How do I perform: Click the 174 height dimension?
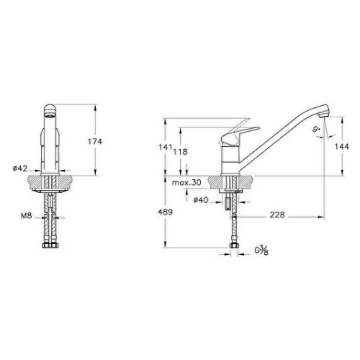click(x=95, y=142)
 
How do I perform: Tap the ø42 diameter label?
click(x=20, y=168)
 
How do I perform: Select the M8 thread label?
click(x=27, y=216)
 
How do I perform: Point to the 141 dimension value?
click(x=166, y=147)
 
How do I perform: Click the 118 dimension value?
click(x=181, y=152)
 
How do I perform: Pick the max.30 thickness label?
click(x=186, y=183)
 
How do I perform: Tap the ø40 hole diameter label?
click(x=201, y=199)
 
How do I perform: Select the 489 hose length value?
click(x=166, y=212)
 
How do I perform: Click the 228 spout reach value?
click(x=277, y=215)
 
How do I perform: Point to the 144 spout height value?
click(x=342, y=146)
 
